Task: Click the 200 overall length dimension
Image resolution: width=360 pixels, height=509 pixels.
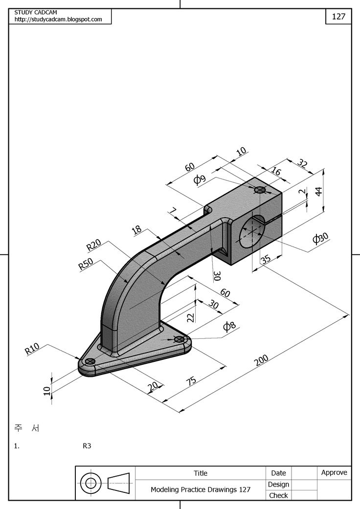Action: pyautogui.click(x=263, y=361)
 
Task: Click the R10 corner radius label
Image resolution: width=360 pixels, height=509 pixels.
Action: pyautogui.click(x=32, y=349)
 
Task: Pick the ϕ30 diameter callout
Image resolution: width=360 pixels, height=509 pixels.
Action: pyautogui.click(x=320, y=239)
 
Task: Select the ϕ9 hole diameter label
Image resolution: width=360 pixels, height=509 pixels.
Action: pyautogui.click(x=200, y=179)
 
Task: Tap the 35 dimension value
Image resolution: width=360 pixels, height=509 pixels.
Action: pyautogui.click(x=266, y=259)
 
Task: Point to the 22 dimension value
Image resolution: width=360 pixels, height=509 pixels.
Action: pyautogui.click(x=191, y=317)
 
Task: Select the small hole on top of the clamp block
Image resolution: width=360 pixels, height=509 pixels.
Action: pyautogui.click(x=260, y=190)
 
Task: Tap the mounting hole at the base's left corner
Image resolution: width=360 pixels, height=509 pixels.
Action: pyautogui.click(x=90, y=361)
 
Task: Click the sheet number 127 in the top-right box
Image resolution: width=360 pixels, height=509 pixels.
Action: pyautogui.click(x=338, y=16)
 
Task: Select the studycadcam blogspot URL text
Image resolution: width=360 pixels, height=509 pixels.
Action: pyautogui.click(x=58, y=20)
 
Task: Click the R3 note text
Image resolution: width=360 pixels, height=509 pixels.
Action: pyautogui.click(x=87, y=446)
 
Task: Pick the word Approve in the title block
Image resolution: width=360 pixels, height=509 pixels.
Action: pyautogui.click(x=334, y=472)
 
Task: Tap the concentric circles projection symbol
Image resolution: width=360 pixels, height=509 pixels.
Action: pyautogui.click(x=90, y=484)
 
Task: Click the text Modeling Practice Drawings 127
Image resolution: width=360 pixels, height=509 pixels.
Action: pyautogui.click(x=201, y=489)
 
